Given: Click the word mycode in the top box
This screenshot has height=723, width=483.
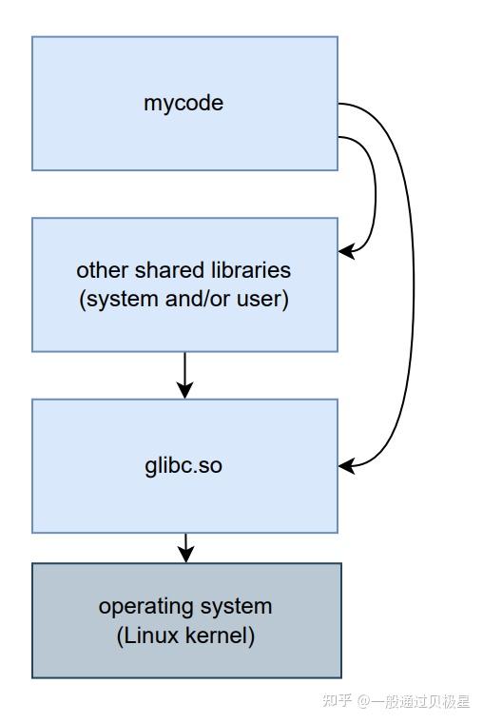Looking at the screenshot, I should point(184,103).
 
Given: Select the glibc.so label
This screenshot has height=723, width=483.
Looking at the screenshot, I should point(184,466).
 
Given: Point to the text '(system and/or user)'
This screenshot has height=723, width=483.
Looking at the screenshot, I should point(184,299).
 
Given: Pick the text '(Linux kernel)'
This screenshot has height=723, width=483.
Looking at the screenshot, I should point(185,635).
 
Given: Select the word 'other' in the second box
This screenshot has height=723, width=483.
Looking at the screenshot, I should point(100,270).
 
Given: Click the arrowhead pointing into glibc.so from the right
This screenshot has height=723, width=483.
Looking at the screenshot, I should point(347,466).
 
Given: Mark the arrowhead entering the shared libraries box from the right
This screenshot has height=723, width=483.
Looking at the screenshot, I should point(347,252).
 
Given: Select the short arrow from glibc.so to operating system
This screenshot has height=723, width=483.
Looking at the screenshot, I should point(185,547).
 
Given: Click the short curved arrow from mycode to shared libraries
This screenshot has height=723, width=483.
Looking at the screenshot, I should point(375,190).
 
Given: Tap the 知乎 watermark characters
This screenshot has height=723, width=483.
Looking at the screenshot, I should point(337,702).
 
